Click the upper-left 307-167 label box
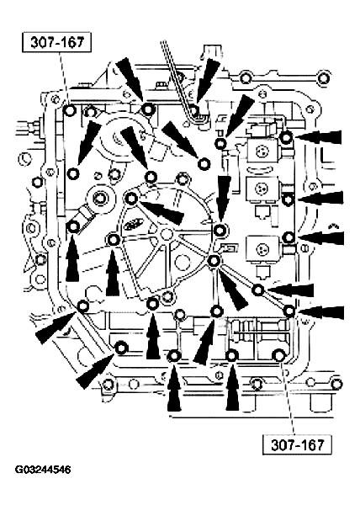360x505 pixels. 56,42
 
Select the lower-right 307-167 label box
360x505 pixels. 297,444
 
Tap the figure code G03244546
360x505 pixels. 43,470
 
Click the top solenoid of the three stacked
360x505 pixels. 263,151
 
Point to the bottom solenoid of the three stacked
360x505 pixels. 262,250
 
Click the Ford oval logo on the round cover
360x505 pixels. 131,224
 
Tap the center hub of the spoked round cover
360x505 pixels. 166,234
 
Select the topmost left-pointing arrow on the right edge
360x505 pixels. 318,137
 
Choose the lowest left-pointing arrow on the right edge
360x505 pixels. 320,313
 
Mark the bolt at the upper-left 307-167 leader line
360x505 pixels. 70,110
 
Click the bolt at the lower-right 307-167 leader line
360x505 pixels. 278,356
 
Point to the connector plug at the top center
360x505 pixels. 212,52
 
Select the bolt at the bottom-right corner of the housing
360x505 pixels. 336,384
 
